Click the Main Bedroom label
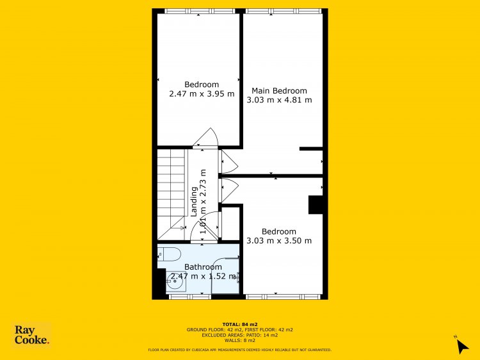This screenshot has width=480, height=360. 279,91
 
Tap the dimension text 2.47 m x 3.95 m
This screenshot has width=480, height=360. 202,94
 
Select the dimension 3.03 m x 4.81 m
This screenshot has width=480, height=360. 279,100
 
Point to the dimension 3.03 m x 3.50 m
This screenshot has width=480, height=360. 279,241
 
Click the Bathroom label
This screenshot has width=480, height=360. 203,267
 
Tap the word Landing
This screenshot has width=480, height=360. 194,202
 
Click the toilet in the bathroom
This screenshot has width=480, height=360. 170,254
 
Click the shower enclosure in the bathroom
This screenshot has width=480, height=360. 225,275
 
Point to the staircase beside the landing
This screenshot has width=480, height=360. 172,194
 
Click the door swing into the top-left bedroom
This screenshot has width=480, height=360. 205,137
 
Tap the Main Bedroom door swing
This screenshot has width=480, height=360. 229,162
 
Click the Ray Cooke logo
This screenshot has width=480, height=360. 31,335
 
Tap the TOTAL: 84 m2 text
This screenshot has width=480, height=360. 240,324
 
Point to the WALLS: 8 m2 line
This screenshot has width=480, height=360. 240,340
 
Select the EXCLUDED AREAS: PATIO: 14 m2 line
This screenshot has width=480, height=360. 240,335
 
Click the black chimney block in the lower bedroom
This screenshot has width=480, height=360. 316,205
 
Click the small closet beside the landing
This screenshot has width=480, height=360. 230,224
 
